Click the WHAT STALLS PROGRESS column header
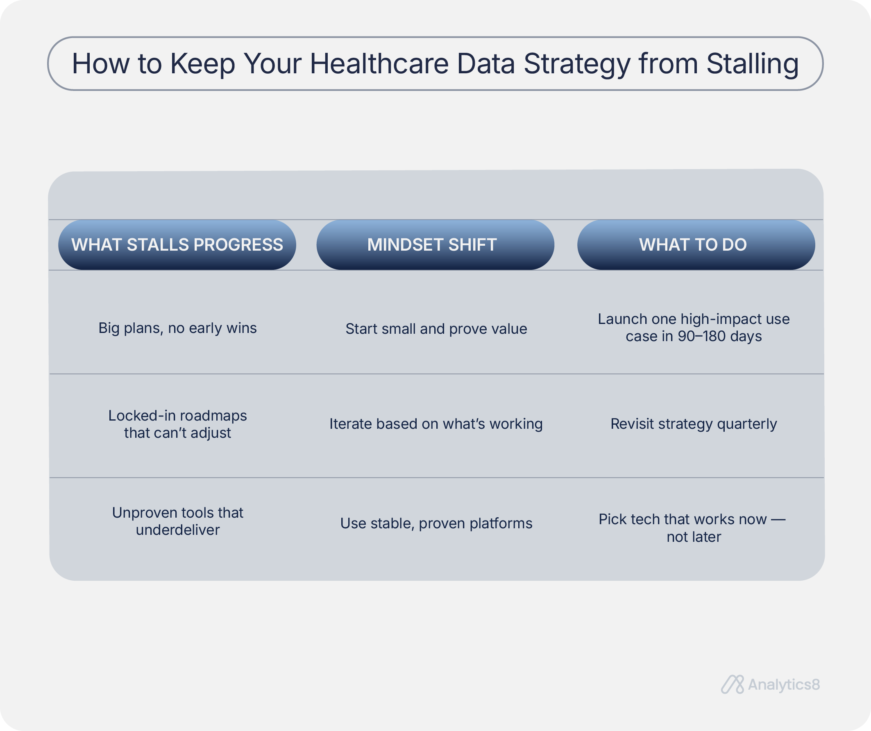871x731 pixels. coord(177,244)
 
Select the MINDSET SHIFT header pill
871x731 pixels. coord(435,244)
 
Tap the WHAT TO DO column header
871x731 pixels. coord(696,244)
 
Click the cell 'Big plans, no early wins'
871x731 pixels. coord(177,328)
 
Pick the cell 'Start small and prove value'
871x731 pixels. coord(436,329)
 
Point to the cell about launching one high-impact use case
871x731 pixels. coord(694,328)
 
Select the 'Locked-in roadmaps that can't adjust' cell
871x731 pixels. coord(177,424)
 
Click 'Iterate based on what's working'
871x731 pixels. coord(436,424)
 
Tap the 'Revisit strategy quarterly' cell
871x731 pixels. coord(694,424)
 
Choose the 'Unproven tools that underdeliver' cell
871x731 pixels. coord(177,521)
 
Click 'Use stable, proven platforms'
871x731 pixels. coord(436,523)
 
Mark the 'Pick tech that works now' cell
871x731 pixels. coord(692,528)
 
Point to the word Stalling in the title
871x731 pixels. coord(752,64)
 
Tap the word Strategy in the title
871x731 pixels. coord(577,64)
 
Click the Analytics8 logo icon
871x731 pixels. coord(733,685)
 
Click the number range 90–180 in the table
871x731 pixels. coord(702,336)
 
